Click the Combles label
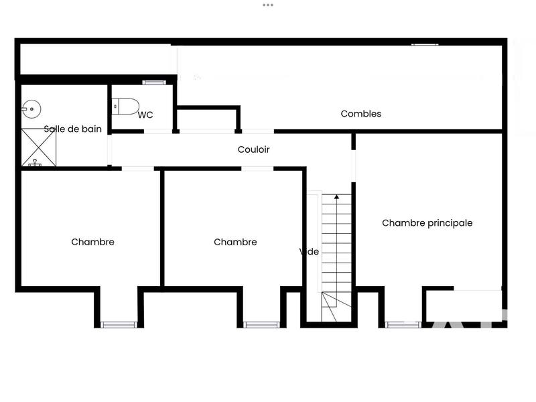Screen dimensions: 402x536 360,114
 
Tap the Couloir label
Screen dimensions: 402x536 253,149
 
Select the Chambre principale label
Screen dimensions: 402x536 427,223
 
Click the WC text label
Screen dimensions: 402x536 145,115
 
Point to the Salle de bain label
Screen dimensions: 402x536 73,129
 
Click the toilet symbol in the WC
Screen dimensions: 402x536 126,106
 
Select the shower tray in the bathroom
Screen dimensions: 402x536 39,147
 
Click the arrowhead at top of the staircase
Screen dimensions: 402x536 336,198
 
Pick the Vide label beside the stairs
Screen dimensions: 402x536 309,252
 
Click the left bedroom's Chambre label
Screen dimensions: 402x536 92,242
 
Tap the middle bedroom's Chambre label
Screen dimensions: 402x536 235,242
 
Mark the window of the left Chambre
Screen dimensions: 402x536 119,325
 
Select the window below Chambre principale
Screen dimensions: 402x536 403,325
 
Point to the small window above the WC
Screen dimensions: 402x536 153,82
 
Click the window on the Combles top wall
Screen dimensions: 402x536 425,44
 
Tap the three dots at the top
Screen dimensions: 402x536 268,5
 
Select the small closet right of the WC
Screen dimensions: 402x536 208,119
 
